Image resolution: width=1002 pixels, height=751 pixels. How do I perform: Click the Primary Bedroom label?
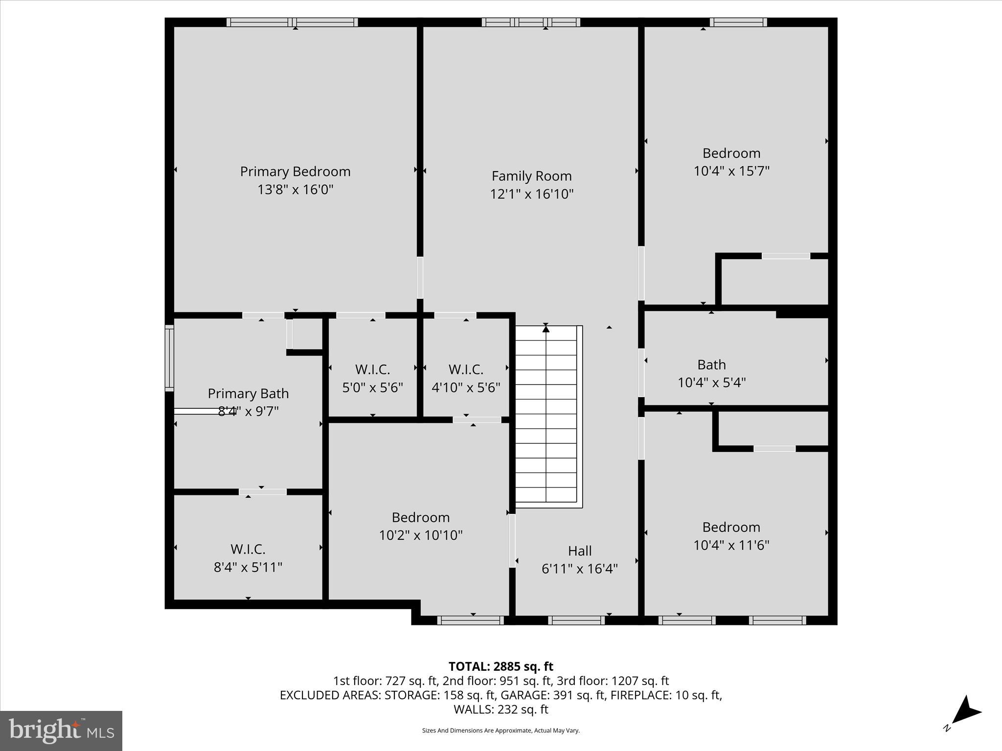295,172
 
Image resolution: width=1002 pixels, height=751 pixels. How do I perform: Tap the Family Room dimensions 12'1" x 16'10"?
531,194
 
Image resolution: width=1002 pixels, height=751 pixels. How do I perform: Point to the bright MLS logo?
61,730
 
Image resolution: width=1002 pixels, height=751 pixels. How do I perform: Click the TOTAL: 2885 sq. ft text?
501,666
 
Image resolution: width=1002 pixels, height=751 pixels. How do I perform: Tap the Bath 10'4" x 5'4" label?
711,373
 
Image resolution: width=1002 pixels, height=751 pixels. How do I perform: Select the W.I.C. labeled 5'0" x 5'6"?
372,378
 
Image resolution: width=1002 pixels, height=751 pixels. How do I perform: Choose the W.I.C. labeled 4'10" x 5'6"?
466,378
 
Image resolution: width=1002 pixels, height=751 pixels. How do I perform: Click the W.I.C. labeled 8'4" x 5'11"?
248,558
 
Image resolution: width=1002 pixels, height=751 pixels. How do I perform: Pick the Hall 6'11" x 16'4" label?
579,559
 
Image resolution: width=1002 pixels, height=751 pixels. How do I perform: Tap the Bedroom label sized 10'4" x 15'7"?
731,162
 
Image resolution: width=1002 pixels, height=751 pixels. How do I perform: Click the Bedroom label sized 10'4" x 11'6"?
731,535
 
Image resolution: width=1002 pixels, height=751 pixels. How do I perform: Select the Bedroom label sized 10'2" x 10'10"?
421,526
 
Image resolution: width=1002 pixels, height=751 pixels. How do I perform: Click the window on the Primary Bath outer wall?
169,358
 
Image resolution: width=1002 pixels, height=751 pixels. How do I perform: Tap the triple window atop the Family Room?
531,22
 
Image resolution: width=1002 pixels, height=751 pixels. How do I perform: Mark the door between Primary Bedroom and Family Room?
420,277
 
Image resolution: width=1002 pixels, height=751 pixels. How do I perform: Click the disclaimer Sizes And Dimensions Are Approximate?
501,730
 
